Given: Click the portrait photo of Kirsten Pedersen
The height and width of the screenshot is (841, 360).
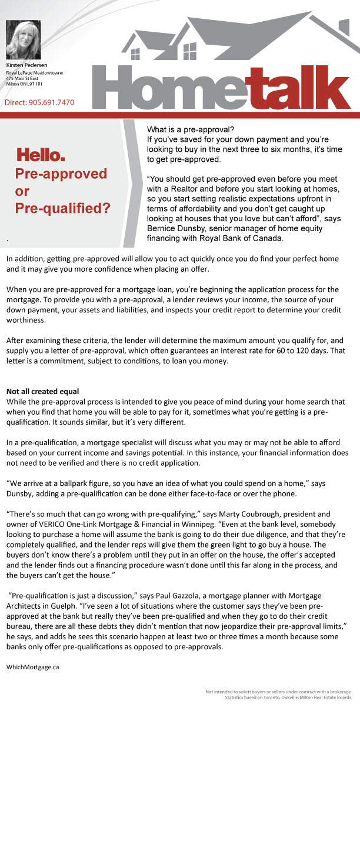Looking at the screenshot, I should click(x=23, y=39).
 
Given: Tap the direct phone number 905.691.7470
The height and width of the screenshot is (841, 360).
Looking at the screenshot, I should click(x=52, y=102).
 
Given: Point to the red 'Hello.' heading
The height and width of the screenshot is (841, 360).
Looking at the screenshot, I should click(x=41, y=155).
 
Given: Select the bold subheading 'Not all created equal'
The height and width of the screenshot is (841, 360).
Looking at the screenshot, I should click(x=42, y=391).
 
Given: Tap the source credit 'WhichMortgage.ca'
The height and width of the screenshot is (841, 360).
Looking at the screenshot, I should click(x=33, y=667).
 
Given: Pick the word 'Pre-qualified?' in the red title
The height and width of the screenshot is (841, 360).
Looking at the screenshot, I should click(x=62, y=208).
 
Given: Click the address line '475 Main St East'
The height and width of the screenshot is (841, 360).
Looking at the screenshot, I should click(x=22, y=78).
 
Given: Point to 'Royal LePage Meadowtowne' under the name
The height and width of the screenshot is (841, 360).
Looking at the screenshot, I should click(x=35, y=72).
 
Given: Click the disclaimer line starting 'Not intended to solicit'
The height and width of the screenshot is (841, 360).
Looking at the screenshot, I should click(x=278, y=691).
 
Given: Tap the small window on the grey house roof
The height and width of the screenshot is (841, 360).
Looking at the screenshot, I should click(x=136, y=54).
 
